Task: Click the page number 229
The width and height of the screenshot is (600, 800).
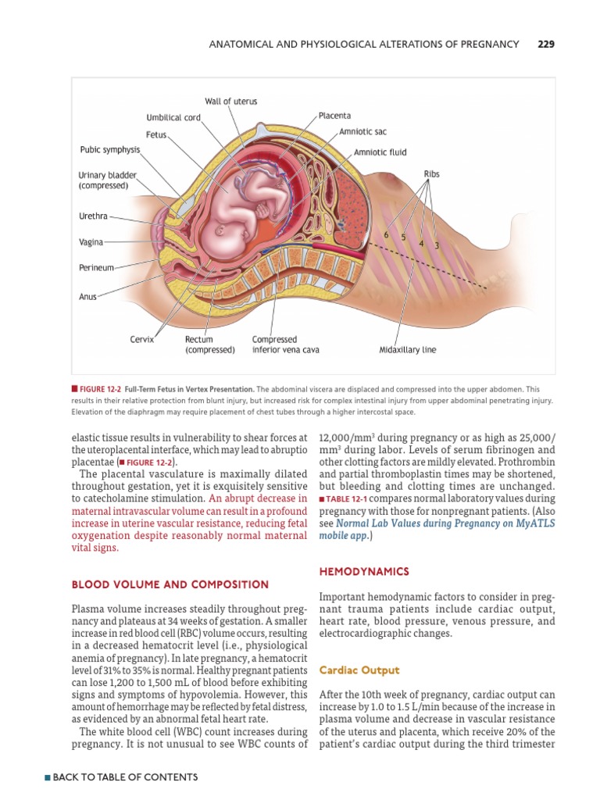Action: (545, 45)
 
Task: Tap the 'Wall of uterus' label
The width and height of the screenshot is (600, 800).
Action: (230, 102)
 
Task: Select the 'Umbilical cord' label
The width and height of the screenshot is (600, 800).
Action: (173, 118)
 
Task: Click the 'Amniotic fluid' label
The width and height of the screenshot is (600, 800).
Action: (380, 153)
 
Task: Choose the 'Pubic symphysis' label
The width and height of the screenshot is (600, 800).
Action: (110, 149)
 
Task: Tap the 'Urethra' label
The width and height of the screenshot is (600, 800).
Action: (93, 216)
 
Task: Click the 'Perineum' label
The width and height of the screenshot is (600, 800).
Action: (96, 267)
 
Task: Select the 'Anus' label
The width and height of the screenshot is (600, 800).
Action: (87, 297)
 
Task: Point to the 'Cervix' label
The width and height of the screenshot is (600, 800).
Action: (142, 340)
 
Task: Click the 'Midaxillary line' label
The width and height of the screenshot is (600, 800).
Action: (408, 350)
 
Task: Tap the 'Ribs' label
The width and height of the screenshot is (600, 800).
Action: (431, 174)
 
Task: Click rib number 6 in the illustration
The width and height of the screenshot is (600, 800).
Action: (386, 235)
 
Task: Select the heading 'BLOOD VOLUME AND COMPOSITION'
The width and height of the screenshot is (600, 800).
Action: (170, 584)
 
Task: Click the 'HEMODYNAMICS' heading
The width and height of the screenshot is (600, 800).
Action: (364, 572)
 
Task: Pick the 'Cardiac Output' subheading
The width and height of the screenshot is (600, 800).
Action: (359, 670)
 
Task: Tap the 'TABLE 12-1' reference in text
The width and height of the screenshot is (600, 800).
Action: (348, 498)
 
